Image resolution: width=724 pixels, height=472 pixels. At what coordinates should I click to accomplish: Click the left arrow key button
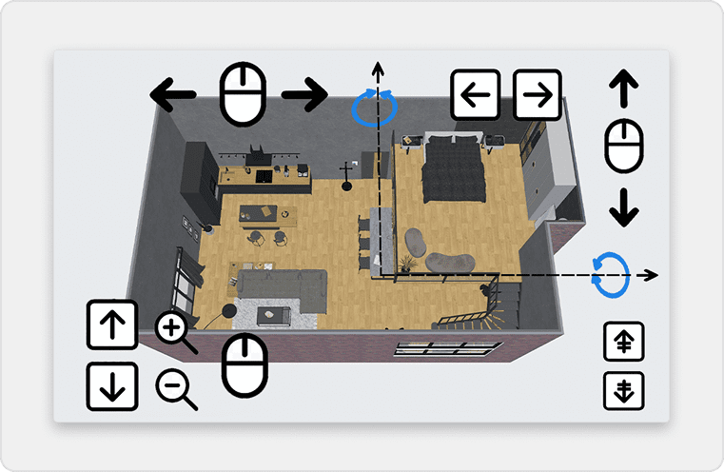[x=475, y=95]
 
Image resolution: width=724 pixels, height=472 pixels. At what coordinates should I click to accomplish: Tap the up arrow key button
[x=110, y=325]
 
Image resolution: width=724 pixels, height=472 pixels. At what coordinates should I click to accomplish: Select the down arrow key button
[x=110, y=386]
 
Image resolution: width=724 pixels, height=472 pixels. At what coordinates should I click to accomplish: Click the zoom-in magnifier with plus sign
[x=175, y=331]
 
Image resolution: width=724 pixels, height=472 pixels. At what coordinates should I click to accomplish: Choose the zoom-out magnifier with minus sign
[x=176, y=388]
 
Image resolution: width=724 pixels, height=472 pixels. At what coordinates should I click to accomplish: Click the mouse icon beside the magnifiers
[x=245, y=364]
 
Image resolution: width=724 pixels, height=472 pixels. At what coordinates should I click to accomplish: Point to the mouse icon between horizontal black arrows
[x=241, y=94]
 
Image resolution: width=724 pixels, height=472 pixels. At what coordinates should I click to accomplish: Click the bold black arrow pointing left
[x=173, y=94]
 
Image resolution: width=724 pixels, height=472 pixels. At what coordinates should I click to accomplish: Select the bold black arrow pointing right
[x=304, y=94]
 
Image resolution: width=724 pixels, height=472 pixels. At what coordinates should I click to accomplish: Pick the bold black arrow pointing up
[x=623, y=90]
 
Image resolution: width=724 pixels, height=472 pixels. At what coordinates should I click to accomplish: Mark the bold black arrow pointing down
[x=623, y=207]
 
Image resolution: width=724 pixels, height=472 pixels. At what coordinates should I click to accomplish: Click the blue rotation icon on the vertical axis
[x=375, y=108]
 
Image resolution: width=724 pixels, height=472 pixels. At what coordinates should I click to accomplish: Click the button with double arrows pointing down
[x=624, y=390]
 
